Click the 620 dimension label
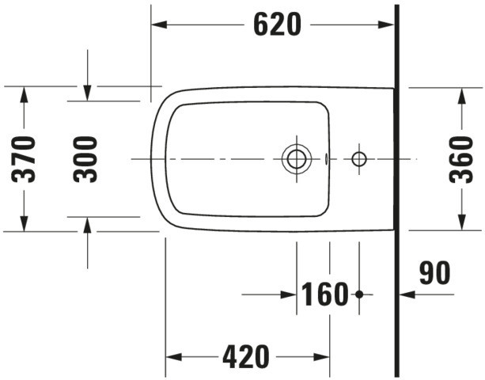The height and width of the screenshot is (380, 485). click(x=277, y=25)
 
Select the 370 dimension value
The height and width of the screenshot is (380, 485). click(x=24, y=159)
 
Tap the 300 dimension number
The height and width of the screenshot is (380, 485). click(x=85, y=159)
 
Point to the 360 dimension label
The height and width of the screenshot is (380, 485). click(x=461, y=159)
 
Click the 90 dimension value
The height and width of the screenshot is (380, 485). click(x=435, y=272)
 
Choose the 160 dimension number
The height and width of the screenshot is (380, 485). click(x=324, y=294)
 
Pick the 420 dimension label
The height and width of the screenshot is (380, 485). click(x=246, y=357)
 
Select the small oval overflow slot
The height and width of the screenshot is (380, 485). click(x=326, y=159)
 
